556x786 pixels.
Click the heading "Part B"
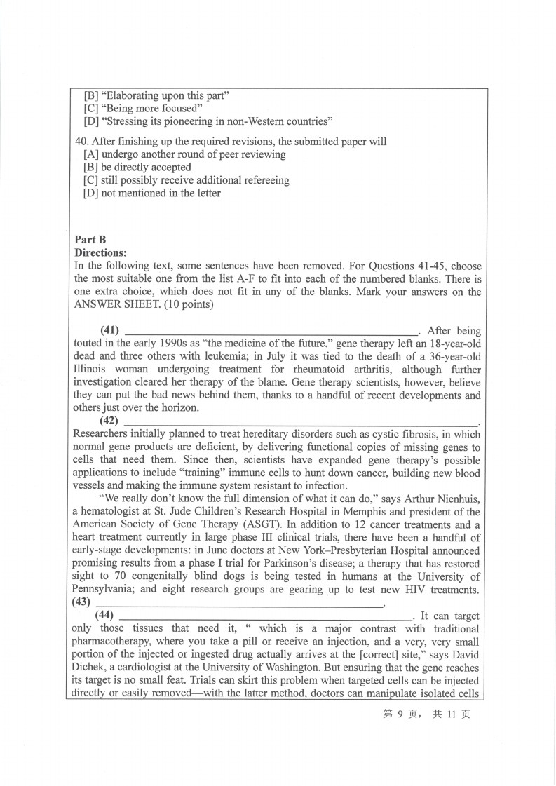tap(90, 240)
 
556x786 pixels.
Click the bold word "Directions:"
tap(100, 252)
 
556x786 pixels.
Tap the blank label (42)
tap(109, 421)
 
